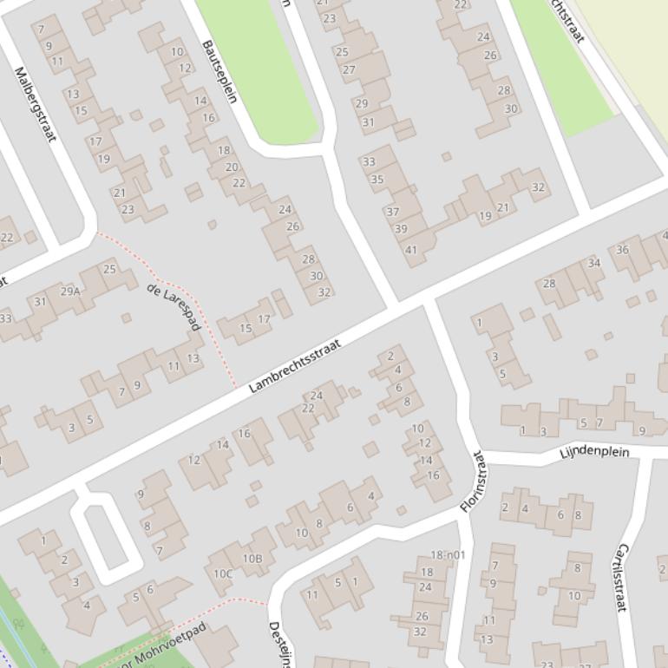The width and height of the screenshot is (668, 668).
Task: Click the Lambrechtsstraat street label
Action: (x=295, y=366)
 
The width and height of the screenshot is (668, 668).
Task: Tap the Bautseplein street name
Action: (x=219, y=71)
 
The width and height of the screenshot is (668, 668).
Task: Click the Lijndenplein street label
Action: (x=593, y=453)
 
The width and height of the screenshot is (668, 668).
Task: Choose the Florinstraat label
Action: (x=474, y=481)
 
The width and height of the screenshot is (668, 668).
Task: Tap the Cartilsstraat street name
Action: (x=619, y=578)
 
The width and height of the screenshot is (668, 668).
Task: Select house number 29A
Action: (x=69, y=291)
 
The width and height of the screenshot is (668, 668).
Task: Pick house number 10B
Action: (x=252, y=559)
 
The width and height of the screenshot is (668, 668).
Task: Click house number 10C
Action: (x=224, y=573)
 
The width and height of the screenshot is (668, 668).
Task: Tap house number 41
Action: (x=411, y=251)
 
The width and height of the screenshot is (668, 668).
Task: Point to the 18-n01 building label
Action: (x=448, y=555)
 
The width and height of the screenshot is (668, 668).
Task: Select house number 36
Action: (x=622, y=250)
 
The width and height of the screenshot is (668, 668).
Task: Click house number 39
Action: (x=401, y=229)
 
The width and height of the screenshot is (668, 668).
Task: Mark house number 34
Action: (x=593, y=263)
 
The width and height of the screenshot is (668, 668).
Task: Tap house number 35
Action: (x=377, y=180)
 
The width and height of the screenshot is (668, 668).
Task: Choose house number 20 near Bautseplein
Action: (x=232, y=167)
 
